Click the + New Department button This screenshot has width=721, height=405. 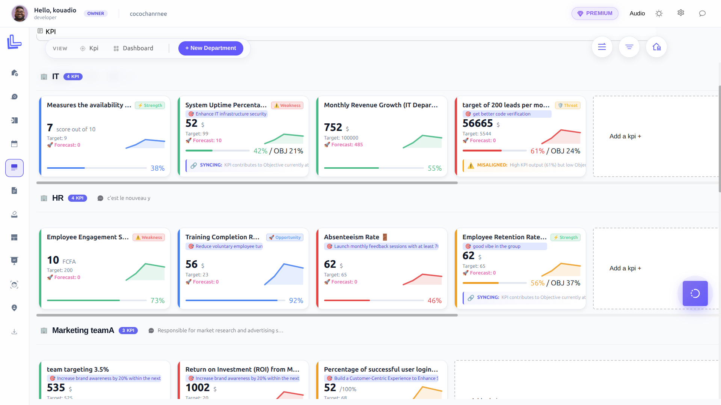coord(210,48)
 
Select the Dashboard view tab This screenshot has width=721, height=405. coord(133,48)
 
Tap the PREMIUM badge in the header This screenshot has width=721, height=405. coord(595,13)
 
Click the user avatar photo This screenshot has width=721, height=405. coord(20,13)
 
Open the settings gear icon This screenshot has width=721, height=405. coord(681,13)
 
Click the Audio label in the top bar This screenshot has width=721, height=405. coord(637,13)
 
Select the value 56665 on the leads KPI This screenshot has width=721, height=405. coord(477,123)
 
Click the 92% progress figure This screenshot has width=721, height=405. coord(296,301)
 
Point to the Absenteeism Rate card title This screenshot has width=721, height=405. coord(351,237)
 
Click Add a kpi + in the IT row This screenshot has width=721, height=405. coord(625,136)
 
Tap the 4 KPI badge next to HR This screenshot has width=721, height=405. coord(77,198)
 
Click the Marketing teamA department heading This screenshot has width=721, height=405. coord(83,330)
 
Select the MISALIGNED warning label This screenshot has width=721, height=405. coord(492,165)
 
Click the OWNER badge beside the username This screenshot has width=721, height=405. coord(96,13)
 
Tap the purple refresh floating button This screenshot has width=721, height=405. coord(695,293)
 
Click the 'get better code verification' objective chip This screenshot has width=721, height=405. coord(501,114)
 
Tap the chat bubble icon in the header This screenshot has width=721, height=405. coord(702,13)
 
